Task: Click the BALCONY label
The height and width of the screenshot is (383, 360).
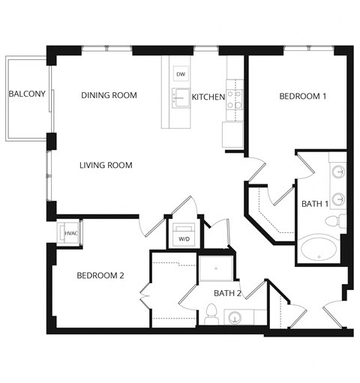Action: pos(27,94)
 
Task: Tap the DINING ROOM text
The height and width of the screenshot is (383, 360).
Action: pos(109,95)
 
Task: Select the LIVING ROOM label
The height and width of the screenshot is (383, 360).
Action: pos(106,166)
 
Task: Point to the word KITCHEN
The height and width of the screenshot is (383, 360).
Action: pos(208,97)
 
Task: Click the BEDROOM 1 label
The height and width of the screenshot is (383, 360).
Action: pos(303,96)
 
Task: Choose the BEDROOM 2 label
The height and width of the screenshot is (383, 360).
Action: pos(100,276)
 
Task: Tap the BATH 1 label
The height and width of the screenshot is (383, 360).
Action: pos(314,204)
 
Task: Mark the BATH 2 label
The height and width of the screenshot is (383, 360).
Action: pos(227,293)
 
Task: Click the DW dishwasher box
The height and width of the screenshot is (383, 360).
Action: pos(180,74)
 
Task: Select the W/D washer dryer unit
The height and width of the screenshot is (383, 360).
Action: pos(183,234)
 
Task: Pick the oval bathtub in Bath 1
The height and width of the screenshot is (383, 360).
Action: pos(319,249)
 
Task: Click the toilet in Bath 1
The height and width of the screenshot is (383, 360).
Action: pos(334,221)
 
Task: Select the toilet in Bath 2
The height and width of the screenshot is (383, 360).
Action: pos(211,314)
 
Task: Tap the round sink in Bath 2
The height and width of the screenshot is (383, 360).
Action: pos(237,317)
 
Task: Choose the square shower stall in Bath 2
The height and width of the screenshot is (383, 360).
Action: pos(215,269)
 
